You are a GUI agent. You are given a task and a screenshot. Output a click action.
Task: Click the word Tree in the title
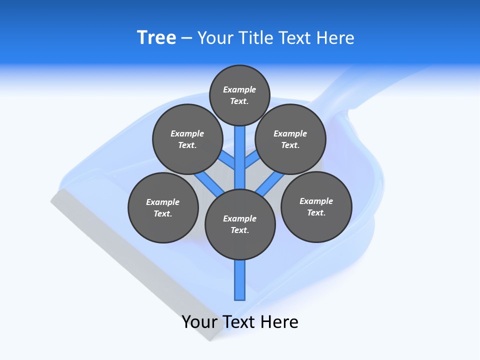click(156, 38)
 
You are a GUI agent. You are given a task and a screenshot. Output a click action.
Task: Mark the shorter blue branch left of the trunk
click(228, 161)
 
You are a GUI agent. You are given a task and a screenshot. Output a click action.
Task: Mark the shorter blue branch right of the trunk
click(251, 161)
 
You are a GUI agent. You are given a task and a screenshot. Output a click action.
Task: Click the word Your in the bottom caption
click(199, 322)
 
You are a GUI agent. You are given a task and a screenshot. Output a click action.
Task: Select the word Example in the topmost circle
click(239, 90)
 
